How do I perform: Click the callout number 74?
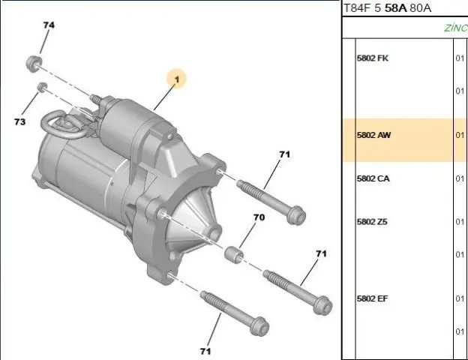49,25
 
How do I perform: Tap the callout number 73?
19,121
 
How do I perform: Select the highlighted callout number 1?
177,79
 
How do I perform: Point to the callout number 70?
259,217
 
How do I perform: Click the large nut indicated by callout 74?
33,63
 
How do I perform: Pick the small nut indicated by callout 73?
42,87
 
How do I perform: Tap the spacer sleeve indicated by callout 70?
234,255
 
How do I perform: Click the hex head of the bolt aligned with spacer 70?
323,305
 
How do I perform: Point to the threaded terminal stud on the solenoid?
95,98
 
